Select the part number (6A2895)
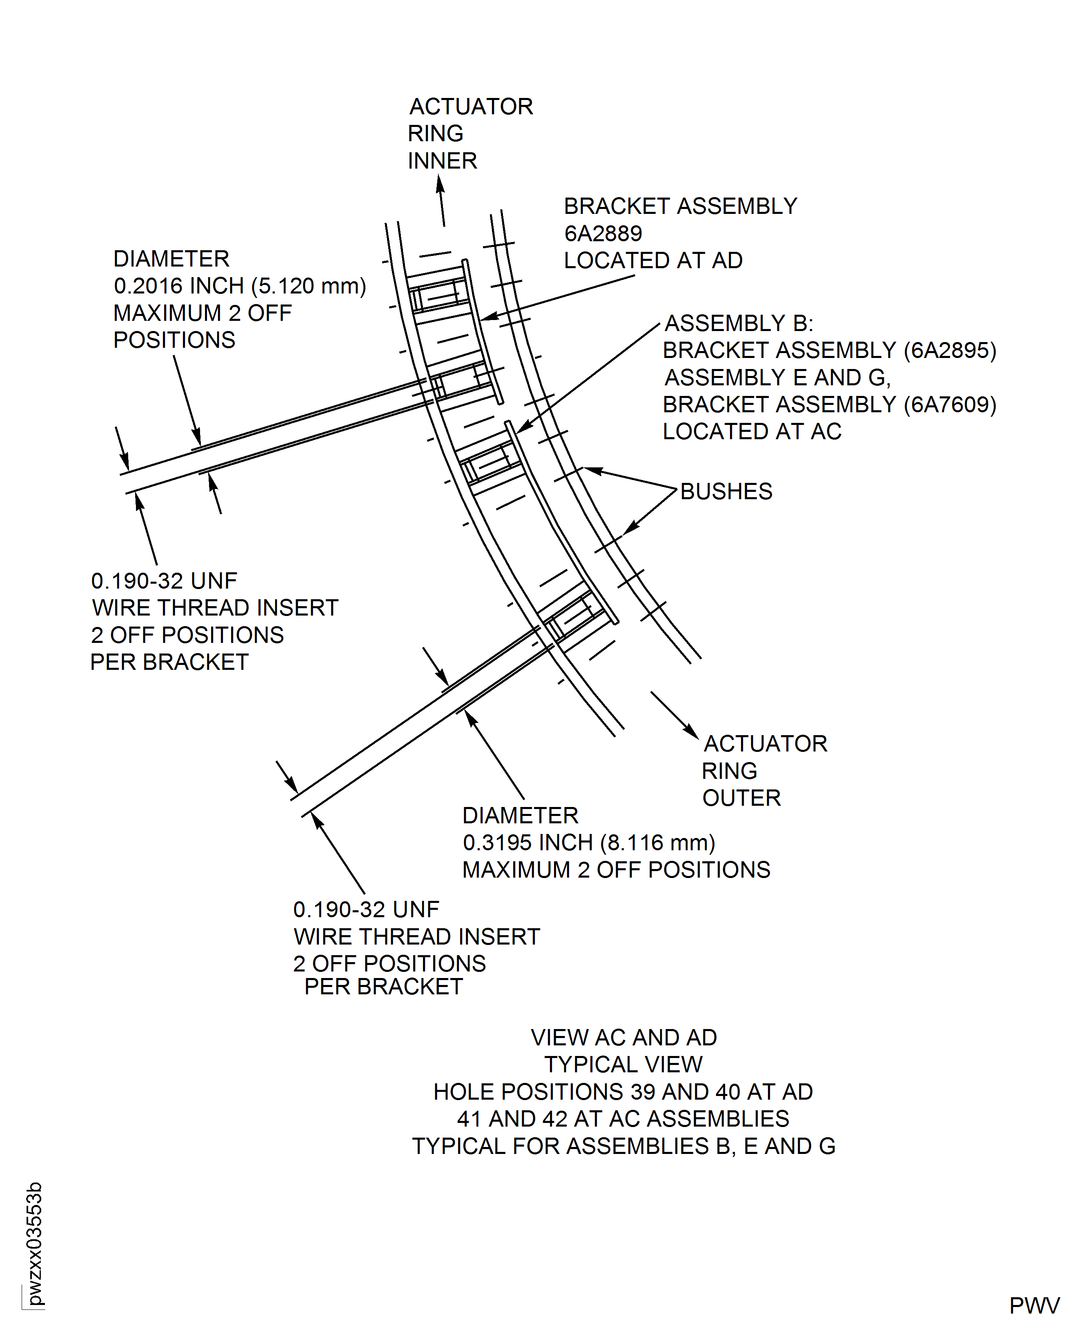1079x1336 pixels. click(949, 351)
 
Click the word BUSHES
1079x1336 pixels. click(726, 491)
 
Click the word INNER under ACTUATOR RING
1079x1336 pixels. click(442, 161)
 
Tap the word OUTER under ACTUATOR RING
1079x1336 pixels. click(741, 798)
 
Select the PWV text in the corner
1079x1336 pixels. click(1034, 1305)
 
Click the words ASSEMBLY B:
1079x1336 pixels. click(739, 323)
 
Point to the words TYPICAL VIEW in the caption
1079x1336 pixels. click(623, 1065)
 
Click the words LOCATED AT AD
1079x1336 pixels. click(653, 260)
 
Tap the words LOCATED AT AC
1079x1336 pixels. click(752, 431)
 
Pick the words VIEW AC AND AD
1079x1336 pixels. click(623, 1037)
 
